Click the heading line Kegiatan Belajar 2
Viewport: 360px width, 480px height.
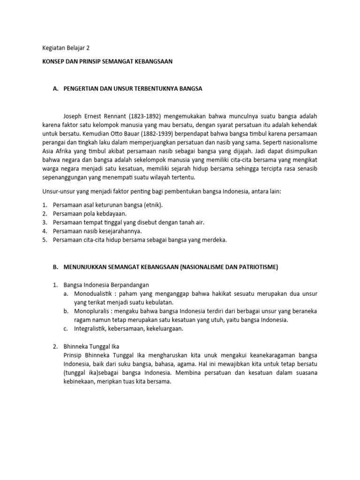[x=66, y=48]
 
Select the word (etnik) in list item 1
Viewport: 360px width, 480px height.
[x=152, y=205]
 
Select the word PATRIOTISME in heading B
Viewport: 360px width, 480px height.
[x=258, y=267]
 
